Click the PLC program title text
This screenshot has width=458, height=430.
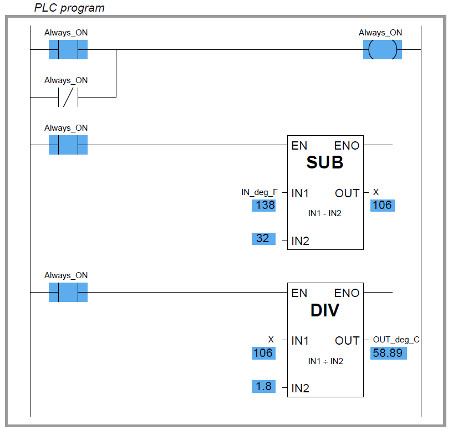69,8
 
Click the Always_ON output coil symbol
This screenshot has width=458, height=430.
382,50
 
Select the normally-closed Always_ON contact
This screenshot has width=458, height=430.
68,97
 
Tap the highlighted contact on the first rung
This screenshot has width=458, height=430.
68,50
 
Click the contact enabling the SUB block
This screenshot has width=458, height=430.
68,145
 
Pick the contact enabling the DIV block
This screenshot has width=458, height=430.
68,292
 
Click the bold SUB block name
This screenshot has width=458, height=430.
325,163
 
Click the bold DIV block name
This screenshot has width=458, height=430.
325,311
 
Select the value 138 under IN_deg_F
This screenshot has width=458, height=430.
263,206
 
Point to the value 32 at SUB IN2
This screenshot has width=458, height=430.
263,238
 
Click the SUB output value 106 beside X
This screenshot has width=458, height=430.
382,206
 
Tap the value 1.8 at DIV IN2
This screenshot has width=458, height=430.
263,386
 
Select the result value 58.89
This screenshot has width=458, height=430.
388,353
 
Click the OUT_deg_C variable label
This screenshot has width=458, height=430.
396,340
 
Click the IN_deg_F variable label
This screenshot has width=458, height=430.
259,192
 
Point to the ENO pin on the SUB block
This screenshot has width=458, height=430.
347,146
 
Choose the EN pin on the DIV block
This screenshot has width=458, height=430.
299,293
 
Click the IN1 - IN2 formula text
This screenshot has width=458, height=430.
325,213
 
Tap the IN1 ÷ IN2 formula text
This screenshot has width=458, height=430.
325,361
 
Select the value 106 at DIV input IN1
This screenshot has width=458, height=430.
263,353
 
